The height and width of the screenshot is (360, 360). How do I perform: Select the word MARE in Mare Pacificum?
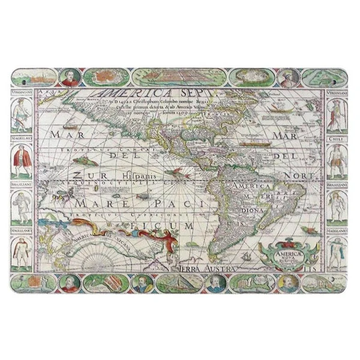point(94,204)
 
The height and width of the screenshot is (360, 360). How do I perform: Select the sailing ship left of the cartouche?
point(245,257)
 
